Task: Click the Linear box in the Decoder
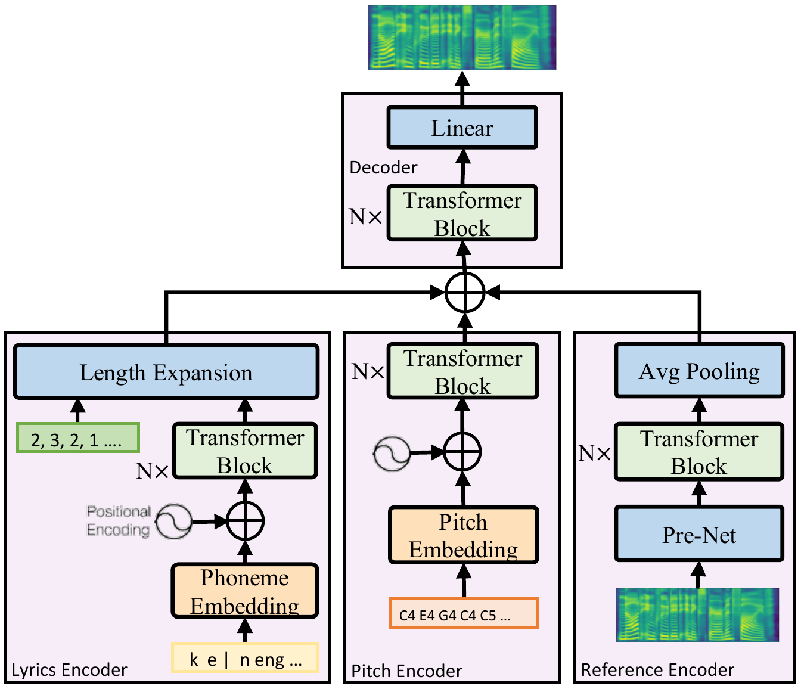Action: (x=462, y=128)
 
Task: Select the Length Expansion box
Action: (x=166, y=372)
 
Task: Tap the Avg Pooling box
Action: (x=699, y=371)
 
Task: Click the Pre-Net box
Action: (x=699, y=534)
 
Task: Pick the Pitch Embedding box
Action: (x=463, y=535)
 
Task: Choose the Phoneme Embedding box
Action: (x=245, y=591)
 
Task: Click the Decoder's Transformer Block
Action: (x=462, y=213)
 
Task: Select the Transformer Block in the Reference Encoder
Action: (x=699, y=451)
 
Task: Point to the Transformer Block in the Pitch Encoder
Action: (x=463, y=371)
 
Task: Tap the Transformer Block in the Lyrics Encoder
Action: (x=245, y=451)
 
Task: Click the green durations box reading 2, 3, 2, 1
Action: (x=78, y=439)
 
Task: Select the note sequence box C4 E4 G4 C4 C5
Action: (x=463, y=613)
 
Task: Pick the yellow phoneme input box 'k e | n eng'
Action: (x=245, y=658)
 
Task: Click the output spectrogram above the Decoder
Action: (x=462, y=38)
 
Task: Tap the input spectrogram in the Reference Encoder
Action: (x=697, y=614)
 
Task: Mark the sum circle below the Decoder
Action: (x=465, y=293)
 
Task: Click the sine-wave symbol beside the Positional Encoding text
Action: (x=174, y=522)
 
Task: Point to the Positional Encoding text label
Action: (x=118, y=520)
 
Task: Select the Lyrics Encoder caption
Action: (x=70, y=670)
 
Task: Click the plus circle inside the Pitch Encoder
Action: (x=462, y=452)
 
